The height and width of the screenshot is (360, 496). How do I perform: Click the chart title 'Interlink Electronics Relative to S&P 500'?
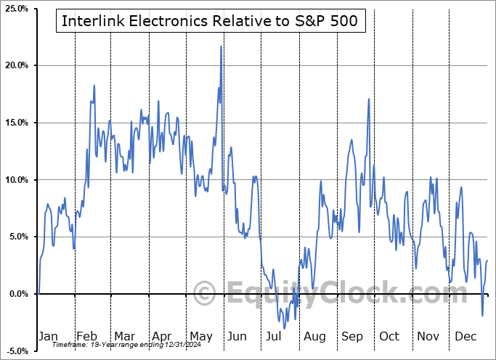point(209,22)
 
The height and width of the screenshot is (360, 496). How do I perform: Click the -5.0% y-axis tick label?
point(17,351)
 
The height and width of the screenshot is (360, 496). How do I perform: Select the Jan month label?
point(48,336)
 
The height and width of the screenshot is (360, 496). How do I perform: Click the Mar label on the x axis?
point(123,336)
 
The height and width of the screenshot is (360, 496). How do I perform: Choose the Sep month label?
point(352,336)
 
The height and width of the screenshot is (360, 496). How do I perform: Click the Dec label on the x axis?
point(464,336)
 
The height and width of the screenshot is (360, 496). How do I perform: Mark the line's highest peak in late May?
point(221,46)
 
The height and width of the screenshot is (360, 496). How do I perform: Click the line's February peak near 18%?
point(94,86)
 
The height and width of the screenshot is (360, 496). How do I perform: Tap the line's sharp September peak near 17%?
point(369,99)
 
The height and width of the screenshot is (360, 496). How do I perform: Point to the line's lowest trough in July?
point(284,328)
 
